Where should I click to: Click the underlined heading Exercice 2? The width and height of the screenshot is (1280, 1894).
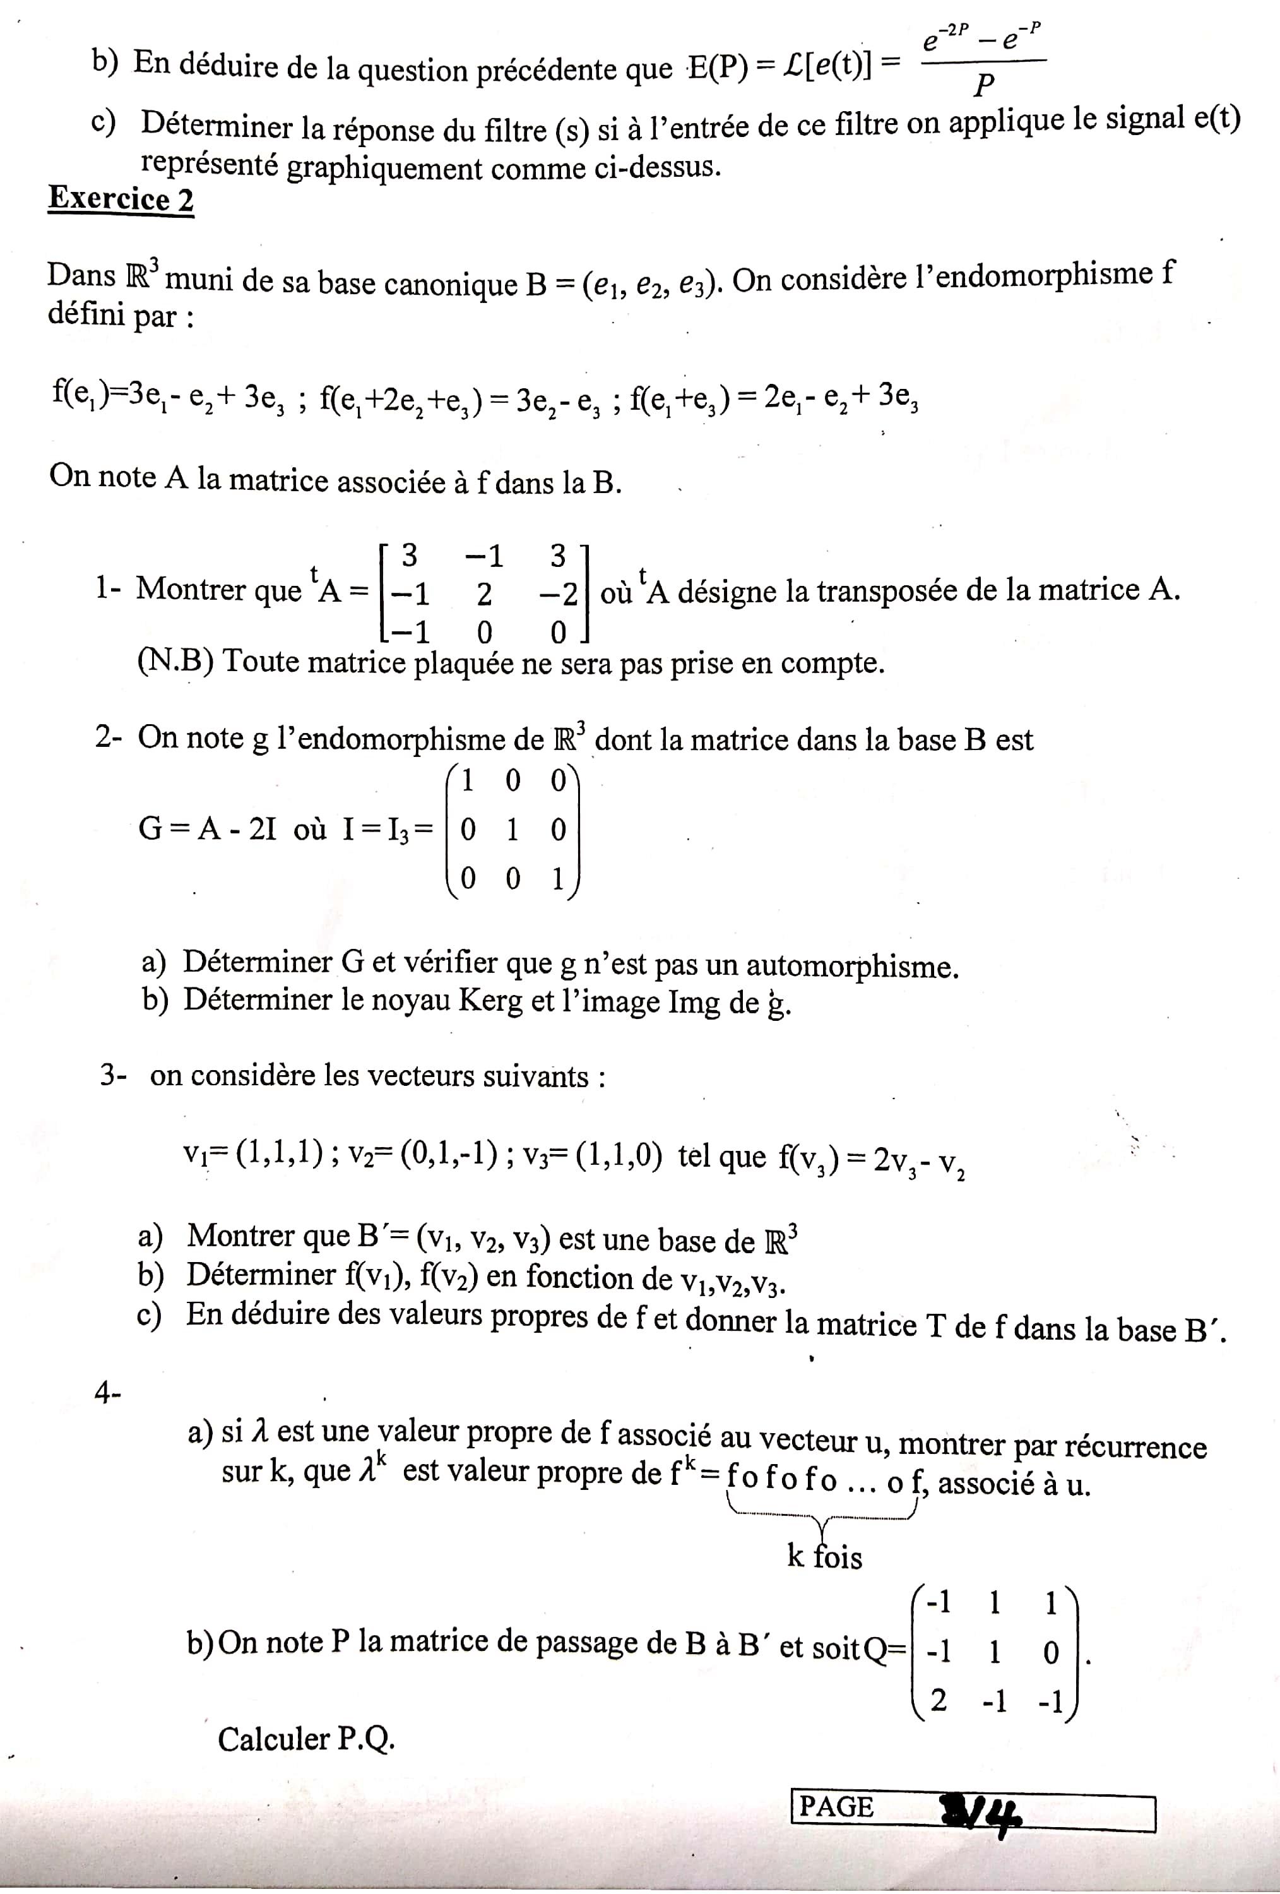point(121,199)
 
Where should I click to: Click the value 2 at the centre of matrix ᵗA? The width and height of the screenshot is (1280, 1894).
point(484,595)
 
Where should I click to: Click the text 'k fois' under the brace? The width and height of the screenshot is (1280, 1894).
point(824,1557)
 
